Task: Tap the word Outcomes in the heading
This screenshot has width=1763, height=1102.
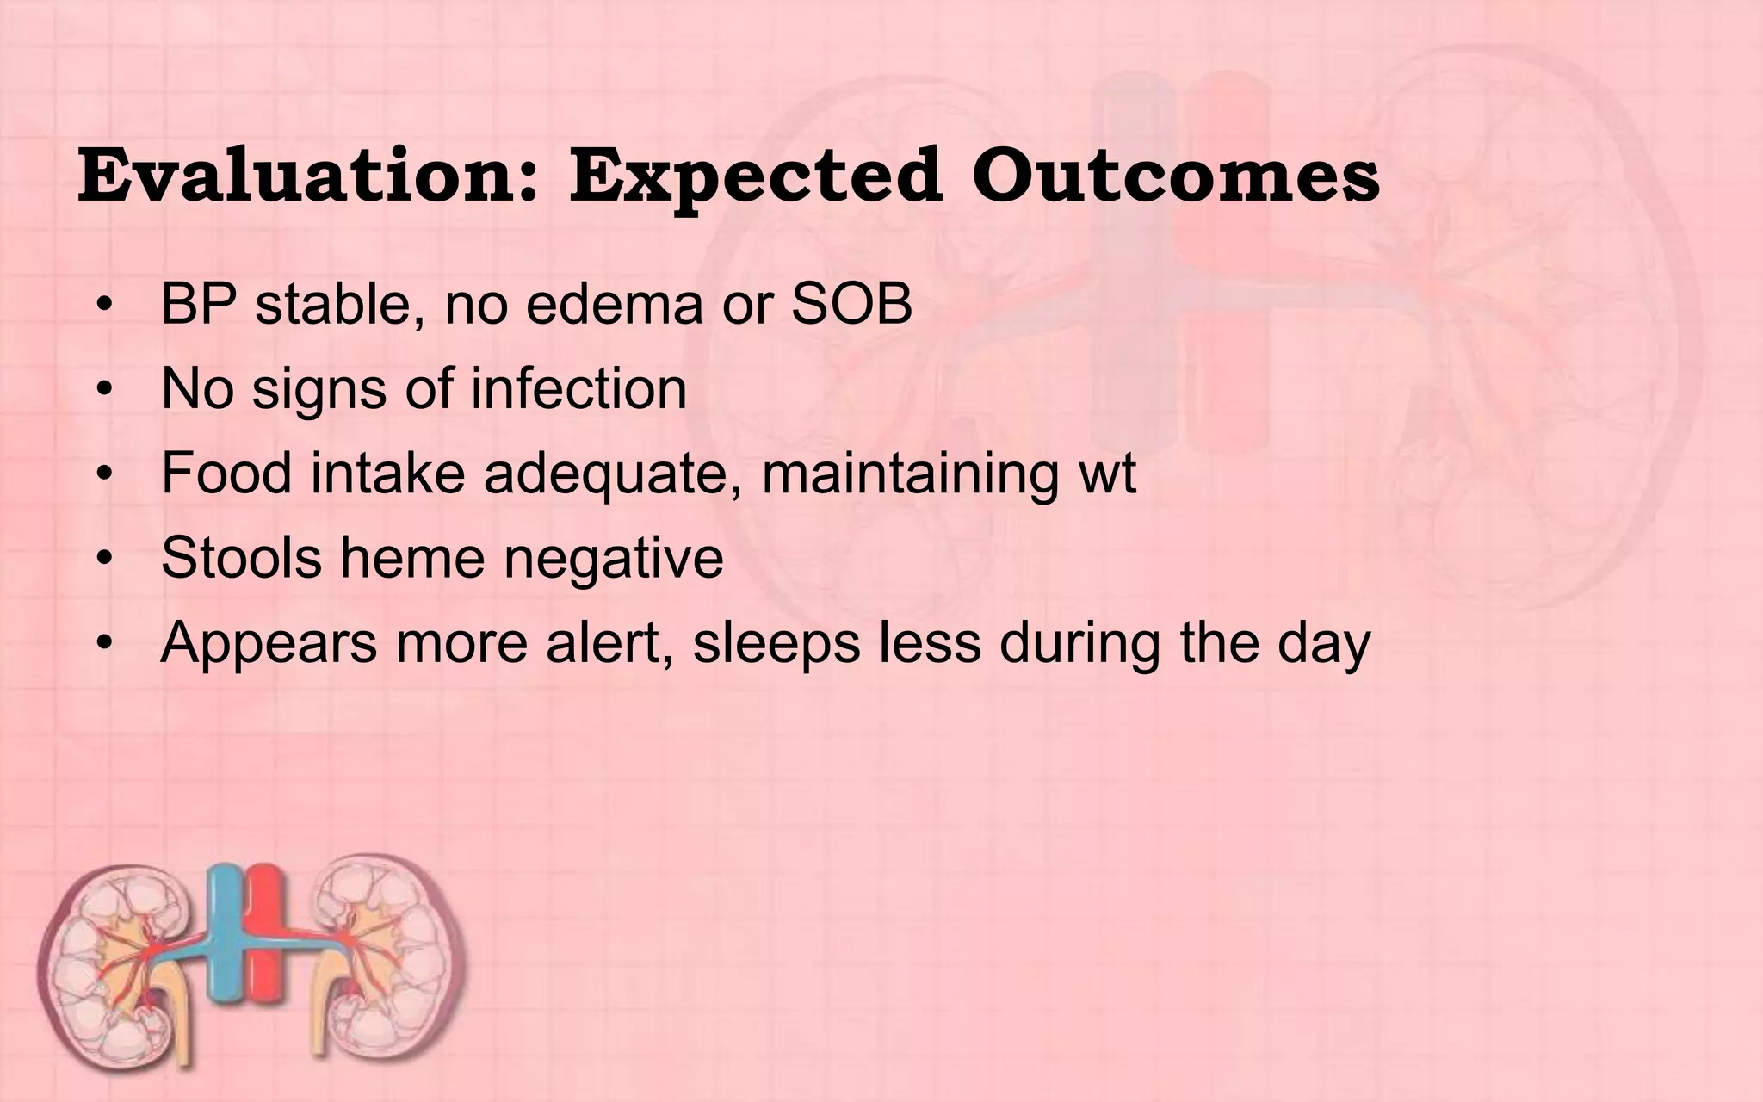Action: [1176, 176]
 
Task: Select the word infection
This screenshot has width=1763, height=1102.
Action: [578, 388]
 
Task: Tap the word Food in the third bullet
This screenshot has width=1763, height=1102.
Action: [226, 473]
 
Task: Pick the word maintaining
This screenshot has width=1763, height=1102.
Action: [910, 473]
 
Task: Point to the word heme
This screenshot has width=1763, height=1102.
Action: [412, 557]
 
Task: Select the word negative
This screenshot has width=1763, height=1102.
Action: [613, 557]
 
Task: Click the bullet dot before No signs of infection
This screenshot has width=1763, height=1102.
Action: [105, 390]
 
